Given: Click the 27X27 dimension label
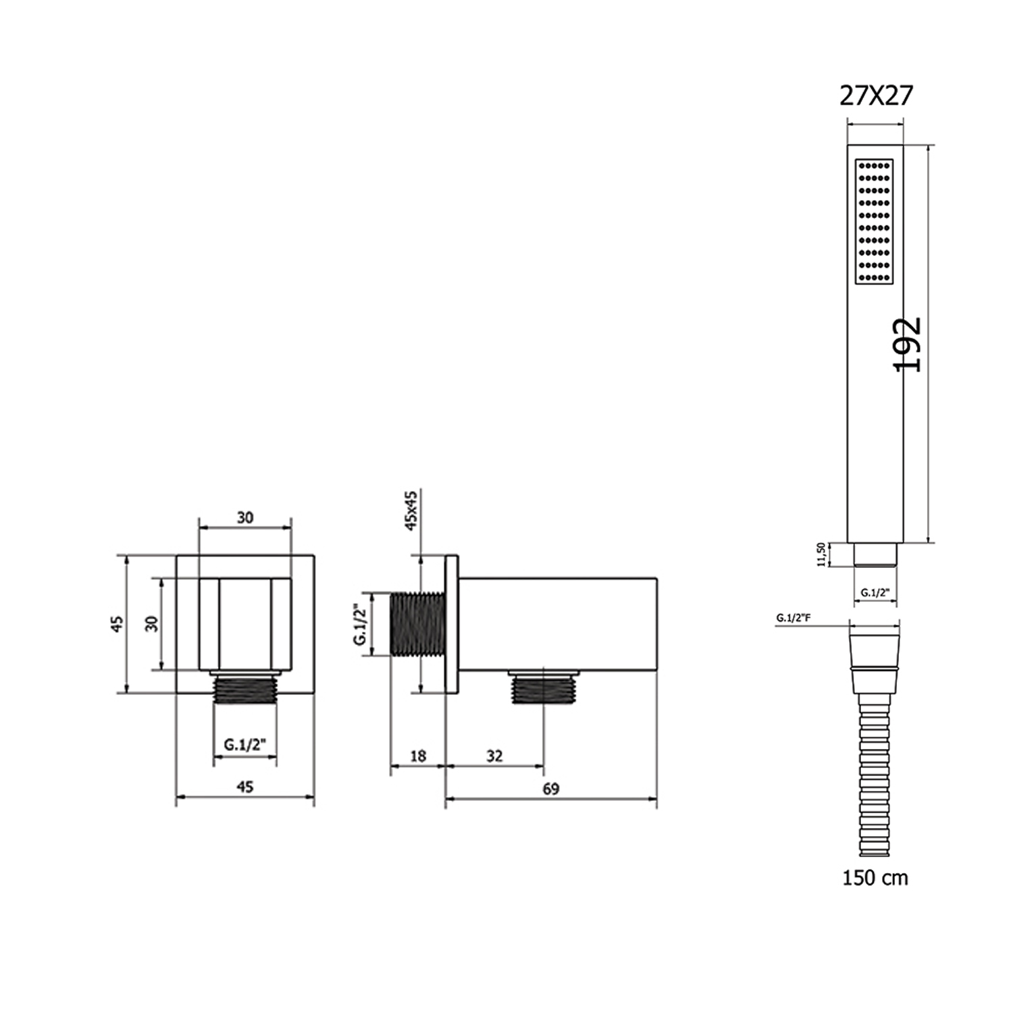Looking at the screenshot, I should [875, 97].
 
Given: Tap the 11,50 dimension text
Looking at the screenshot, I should [821, 554].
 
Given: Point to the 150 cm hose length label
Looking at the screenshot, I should [875, 878].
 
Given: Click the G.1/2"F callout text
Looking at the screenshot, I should [793, 617].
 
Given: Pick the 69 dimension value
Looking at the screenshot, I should [550, 789].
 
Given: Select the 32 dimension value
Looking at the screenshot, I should [494, 756].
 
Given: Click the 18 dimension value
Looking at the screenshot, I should [418, 756].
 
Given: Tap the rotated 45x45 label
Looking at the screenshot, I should [411, 511].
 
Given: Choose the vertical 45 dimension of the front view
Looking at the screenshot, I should [118, 623].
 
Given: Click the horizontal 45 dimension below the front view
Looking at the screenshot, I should [245, 787].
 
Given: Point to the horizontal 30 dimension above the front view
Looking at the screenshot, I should [245, 517].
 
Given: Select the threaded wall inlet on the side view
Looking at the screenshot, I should [417, 624].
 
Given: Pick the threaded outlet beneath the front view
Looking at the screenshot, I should [245, 690].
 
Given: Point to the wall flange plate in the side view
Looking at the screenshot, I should [452, 624].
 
